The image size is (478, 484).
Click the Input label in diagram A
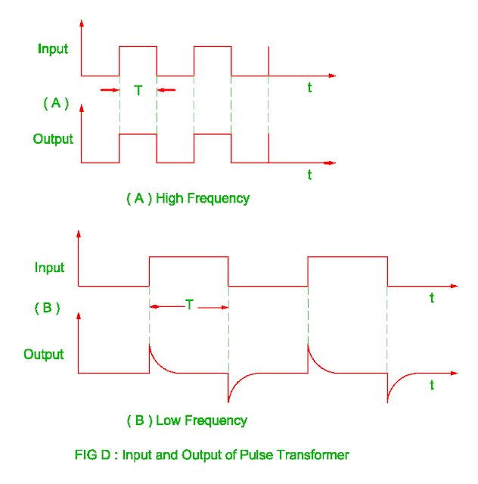click(x=53, y=49)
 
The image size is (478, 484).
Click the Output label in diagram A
click(x=53, y=139)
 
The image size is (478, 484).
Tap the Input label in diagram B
click(x=49, y=268)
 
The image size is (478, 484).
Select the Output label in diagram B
click(x=44, y=354)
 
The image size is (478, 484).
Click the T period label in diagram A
click(x=138, y=91)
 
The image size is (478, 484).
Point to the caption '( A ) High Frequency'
click(x=188, y=199)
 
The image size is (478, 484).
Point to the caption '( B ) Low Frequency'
click(x=187, y=420)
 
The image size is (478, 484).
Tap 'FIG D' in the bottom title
click(x=92, y=455)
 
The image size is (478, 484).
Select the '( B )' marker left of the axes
click(x=47, y=308)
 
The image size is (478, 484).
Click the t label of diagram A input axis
click(x=309, y=88)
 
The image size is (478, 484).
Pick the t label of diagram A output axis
click(x=309, y=175)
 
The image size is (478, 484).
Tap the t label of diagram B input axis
click(x=432, y=298)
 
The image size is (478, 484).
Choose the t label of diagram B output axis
click(x=432, y=385)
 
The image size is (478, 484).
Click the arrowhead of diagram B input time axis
click(x=454, y=286)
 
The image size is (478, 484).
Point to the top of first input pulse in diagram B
click(x=189, y=257)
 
